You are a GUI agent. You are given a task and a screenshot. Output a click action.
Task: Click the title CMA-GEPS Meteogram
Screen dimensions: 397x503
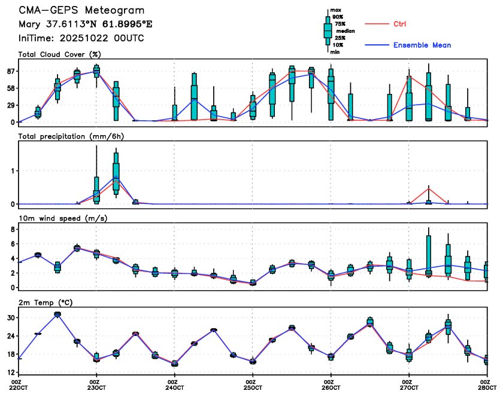click(81, 11)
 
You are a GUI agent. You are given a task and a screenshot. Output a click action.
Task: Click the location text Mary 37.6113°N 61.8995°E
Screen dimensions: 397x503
click(78, 25)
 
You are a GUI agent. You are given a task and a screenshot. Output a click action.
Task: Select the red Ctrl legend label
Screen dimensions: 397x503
click(400, 24)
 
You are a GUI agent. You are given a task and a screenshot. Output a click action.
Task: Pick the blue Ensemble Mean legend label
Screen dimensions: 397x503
click(422, 45)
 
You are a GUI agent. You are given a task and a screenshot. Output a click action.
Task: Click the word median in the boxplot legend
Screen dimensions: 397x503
click(344, 30)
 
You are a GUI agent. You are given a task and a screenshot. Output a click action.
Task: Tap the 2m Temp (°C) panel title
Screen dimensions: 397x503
click(45, 303)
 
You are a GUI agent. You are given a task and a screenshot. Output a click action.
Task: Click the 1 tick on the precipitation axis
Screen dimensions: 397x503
click(13, 171)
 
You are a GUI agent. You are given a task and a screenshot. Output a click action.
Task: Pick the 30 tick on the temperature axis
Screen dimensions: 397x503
click(11, 317)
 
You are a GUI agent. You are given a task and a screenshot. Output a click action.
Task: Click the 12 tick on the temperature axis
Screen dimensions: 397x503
click(11, 372)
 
